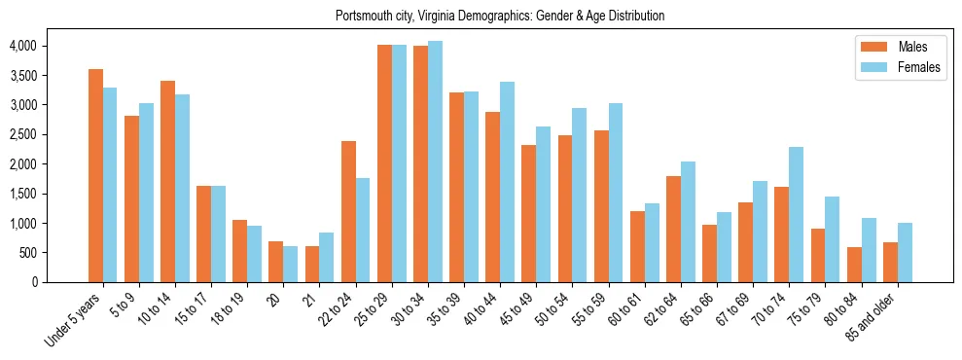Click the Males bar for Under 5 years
(x=95, y=176)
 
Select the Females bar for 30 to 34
(x=436, y=162)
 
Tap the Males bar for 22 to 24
(x=348, y=212)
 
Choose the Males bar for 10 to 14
(x=167, y=182)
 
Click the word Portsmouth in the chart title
(x=365, y=16)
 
